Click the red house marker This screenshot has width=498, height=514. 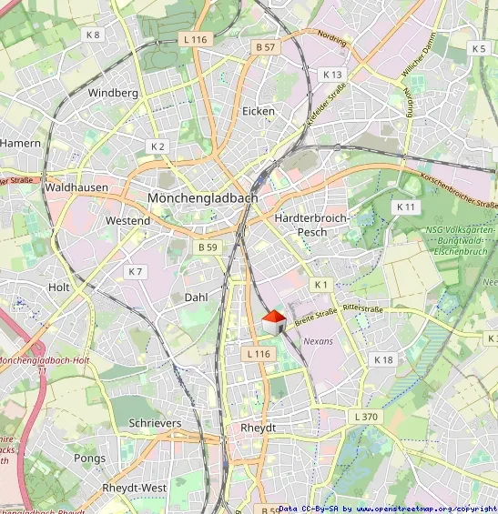pyautogui.click(x=274, y=323)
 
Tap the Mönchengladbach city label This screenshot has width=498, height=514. pyautogui.click(x=202, y=197)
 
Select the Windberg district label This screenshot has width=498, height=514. pyautogui.click(x=113, y=93)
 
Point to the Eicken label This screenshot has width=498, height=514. pyautogui.click(x=259, y=111)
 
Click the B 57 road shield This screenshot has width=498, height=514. pyautogui.click(x=266, y=46)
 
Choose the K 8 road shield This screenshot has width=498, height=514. pyautogui.click(x=92, y=35)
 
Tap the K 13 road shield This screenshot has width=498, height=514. pyautogui.click(x=332, y=74)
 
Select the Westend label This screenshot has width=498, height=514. pyautogui.click(x=127, y=221)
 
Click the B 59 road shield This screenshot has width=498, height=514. pyautogui.click(x=208, y=247)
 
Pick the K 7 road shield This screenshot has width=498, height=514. pyautogui.click(x=136, y=271)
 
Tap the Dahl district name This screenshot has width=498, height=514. pyautogui.click(x=197, y=297)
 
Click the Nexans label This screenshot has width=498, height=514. pyautogui.click(x=319, y=341)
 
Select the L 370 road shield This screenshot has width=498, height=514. pyautogui.click(x=363, y=416)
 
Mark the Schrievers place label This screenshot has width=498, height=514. pyautogui.click(x=155, y=424)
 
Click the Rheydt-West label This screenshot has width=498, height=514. pyautogui.click(x=134, y=489)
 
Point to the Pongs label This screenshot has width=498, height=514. pyautogui.click(x=89, y=459)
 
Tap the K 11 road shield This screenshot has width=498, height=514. pyautogui.click(x=405, y=207)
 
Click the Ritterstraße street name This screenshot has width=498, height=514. pyautogui.click(x=361, y=309)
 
